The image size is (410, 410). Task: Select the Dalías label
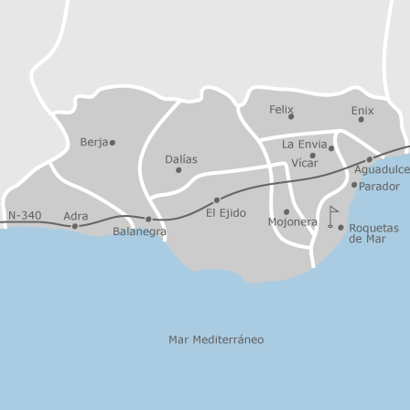tap(180, 158)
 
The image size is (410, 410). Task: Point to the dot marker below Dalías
tap(178, 169)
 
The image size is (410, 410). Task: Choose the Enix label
tap(361, 110)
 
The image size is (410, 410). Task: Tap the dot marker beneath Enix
tap(361, 120)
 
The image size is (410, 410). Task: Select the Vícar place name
tap(303, 163)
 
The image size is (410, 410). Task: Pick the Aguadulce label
tap(383, 168)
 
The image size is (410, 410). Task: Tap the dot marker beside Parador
tap(354, 186)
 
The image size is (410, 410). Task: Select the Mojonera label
tap(292, 221)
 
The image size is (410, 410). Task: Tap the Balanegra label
tap(139, 232)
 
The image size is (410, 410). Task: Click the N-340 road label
tap(26, 215)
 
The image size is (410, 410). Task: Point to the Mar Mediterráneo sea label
tap(216, 314)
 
